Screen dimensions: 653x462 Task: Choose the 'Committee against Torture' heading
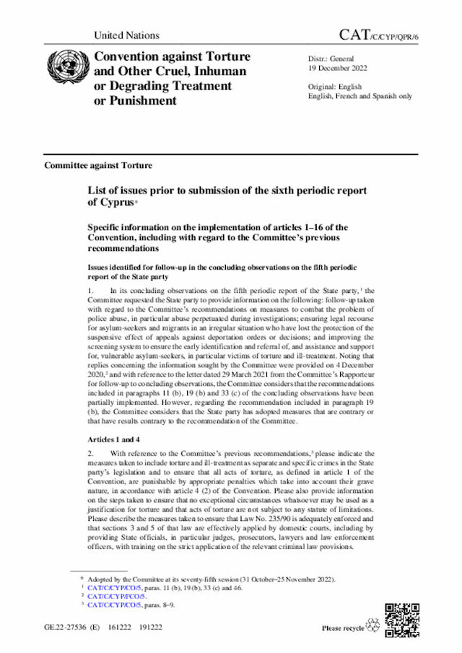98,165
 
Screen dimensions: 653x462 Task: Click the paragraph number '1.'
92,291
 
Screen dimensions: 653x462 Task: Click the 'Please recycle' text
342,628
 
